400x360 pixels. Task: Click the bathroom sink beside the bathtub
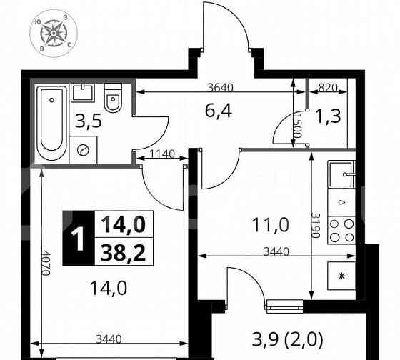[x=83, y=94]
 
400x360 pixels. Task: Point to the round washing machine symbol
[x=83, y=150]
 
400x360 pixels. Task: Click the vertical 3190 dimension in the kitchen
[x=316, y=226]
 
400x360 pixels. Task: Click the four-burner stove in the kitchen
[x=341, y=229]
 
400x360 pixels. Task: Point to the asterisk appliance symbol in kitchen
[x=341, y=276]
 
